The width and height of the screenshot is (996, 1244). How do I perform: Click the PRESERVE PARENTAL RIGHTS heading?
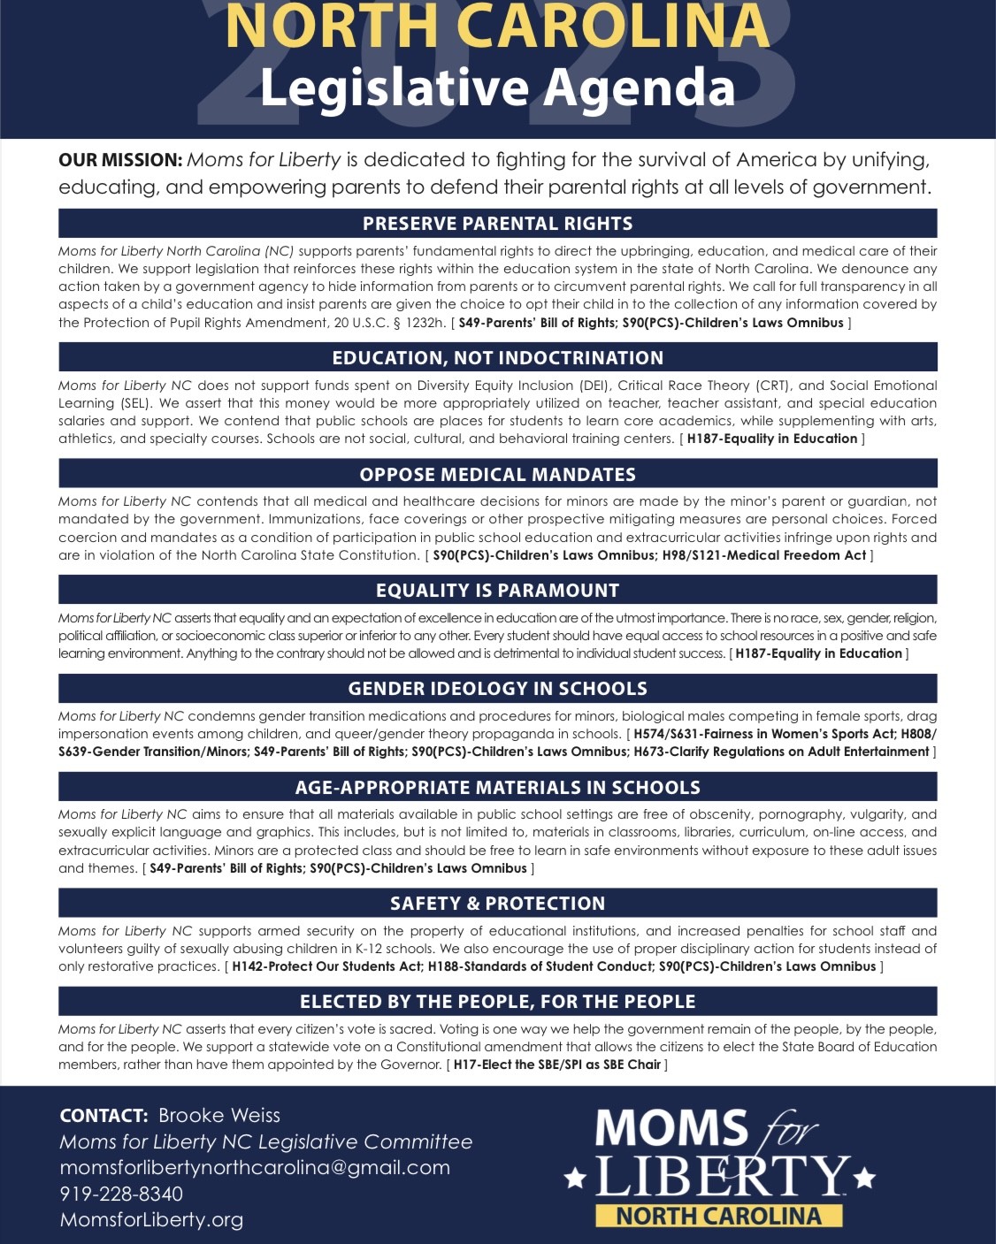497,224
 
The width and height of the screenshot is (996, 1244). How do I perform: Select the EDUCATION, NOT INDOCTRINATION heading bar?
497,358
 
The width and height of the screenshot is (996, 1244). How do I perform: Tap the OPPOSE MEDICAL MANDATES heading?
497,475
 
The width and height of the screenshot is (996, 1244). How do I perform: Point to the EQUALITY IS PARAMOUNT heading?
497,591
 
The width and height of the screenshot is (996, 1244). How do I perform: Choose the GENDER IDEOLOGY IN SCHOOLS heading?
497,689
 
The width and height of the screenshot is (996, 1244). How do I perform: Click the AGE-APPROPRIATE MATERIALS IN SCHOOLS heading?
497,788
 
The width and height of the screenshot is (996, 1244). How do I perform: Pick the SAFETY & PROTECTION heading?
497,904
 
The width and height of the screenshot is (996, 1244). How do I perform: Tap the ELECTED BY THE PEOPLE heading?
497,1002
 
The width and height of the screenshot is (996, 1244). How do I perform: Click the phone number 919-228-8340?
121,1194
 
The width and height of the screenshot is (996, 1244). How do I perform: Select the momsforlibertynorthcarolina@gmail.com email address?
255,1167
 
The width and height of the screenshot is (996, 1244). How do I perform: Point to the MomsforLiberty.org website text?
151,1220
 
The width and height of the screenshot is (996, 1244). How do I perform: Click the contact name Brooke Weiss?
219,1116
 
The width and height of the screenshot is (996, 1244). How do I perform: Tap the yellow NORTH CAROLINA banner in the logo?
718,1216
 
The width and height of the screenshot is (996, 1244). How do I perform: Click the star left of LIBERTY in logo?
575,1179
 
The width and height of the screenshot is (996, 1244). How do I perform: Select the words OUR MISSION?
120,160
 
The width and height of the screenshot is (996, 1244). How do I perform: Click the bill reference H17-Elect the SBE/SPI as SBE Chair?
556,1065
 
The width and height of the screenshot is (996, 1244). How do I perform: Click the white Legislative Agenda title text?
497,88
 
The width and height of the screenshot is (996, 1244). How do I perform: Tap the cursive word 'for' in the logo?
787,1129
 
